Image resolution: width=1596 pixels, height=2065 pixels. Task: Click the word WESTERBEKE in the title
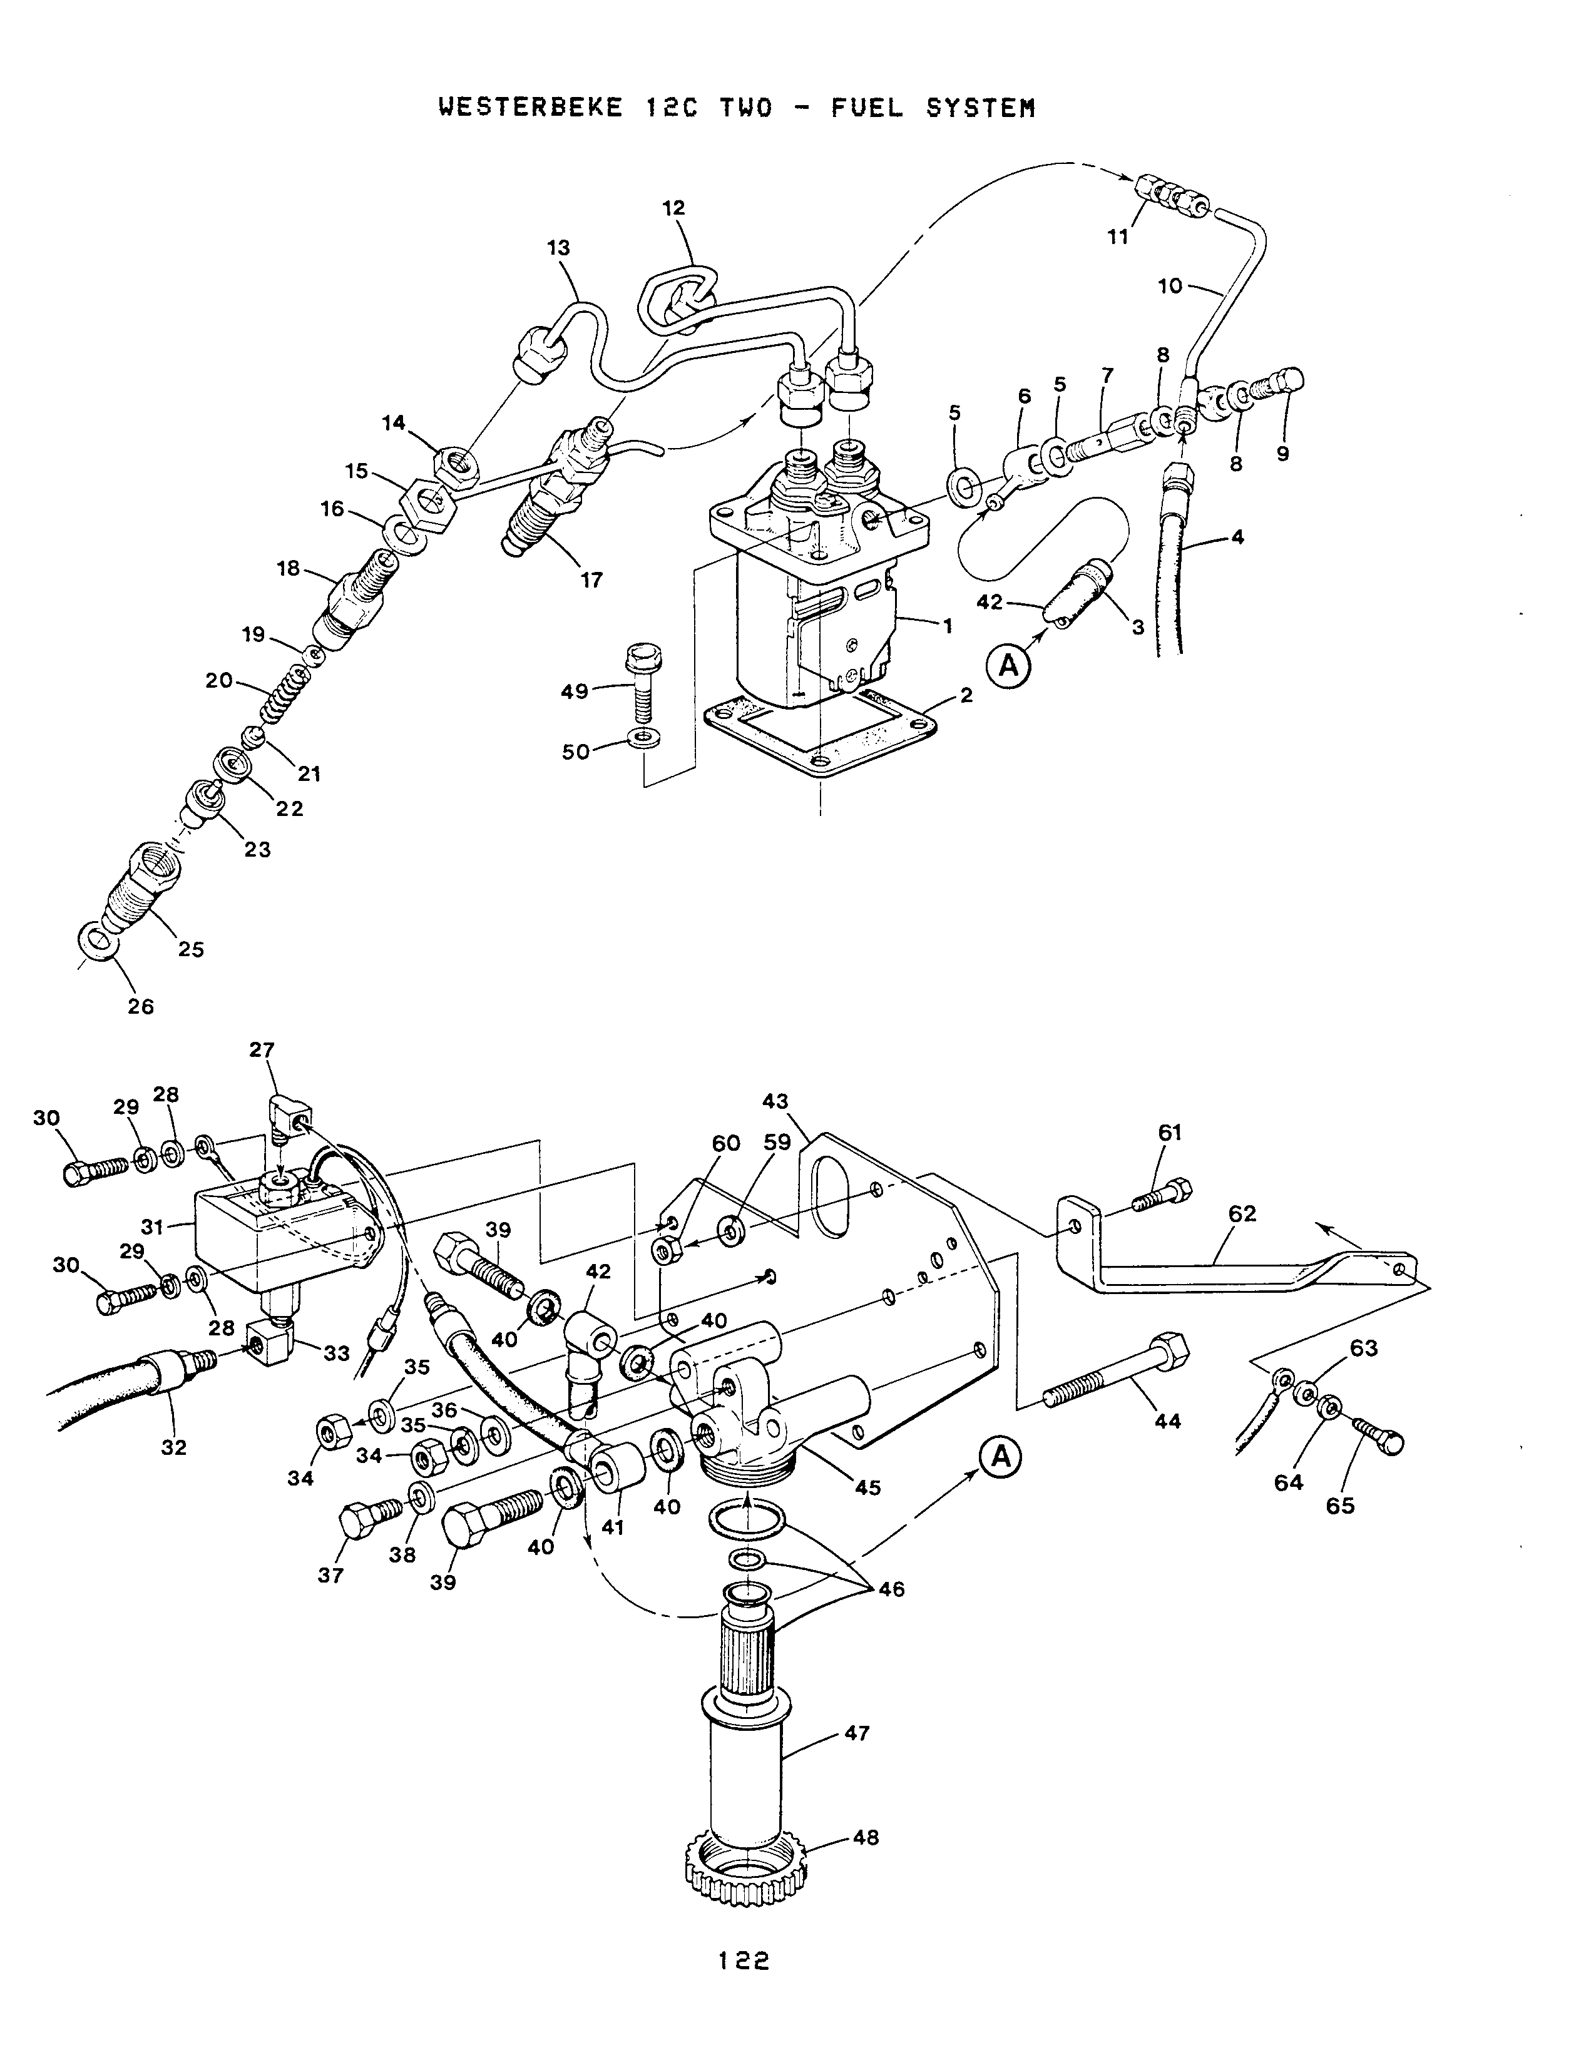[530, 108]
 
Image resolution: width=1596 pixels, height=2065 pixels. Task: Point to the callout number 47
[857, 1734]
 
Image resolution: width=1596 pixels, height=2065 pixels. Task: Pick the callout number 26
[141, 1006]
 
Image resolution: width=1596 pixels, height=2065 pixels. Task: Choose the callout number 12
[673, 208]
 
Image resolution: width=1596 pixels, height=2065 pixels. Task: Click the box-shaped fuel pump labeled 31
[274, 1238]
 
